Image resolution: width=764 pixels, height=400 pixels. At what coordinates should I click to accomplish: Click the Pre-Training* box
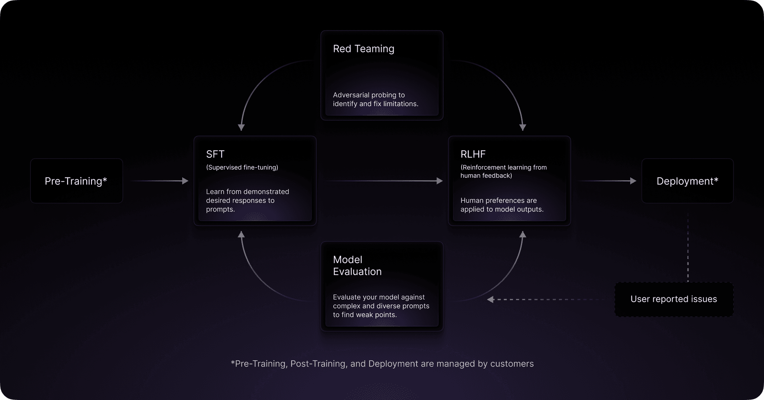[x=76, y=181]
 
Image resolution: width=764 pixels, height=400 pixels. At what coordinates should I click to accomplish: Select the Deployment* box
[x=687, y=181]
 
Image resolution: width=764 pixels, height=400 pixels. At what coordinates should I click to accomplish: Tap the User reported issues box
[x=674, y=299]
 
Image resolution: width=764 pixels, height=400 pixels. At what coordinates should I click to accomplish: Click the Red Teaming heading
[x=364, y=49]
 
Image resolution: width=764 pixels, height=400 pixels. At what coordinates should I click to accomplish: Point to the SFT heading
[x=215, y=154]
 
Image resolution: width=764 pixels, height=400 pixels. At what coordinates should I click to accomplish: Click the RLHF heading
[x=473, y=154]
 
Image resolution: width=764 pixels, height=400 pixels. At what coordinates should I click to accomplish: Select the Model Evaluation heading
[x=357, y=266]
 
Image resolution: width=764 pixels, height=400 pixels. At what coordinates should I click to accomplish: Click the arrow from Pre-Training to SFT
[x=160, y=181]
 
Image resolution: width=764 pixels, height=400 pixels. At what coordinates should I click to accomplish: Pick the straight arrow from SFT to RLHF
[x=384, y=181]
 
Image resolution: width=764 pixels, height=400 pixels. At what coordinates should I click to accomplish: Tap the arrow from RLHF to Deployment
[x=607, y=181]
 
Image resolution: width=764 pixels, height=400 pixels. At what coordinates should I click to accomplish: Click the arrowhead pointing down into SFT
[x=241, y=127]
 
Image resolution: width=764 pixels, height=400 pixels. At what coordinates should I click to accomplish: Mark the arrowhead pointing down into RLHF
[x=523, y=127]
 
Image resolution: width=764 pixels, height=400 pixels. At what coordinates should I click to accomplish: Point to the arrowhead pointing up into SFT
[x=241, y=235]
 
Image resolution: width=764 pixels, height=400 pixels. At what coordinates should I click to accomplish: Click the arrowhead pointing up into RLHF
[x=523, y=235]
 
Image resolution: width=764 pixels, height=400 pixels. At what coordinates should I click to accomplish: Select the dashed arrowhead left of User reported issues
[x=491, y=299]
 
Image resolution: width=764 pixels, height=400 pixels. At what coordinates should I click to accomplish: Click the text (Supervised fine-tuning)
[x=242, y=167]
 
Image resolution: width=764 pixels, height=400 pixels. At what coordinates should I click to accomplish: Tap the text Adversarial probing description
[x=376, y=99]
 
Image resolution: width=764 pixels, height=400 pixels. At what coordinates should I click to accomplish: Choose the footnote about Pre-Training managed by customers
[x=382, y=364]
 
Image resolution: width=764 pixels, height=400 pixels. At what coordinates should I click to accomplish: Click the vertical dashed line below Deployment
[x=688, y=248]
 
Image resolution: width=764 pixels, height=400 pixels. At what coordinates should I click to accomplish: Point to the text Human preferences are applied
[x=502, y=205]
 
